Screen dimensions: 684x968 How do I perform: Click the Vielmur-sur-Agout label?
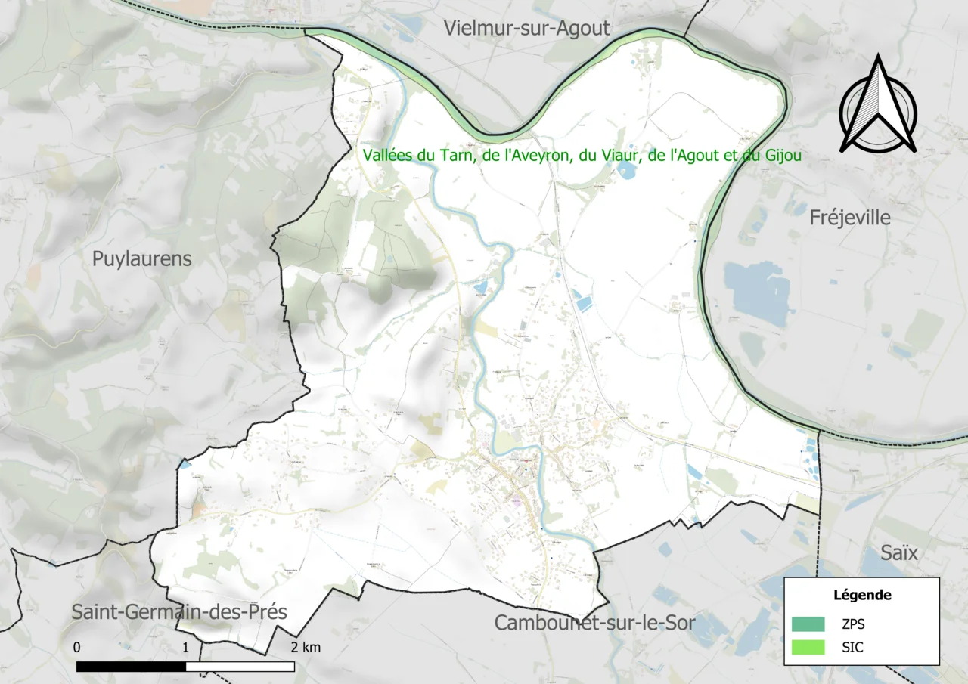coord(526,29)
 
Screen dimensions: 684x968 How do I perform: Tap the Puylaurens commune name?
coord(142,258)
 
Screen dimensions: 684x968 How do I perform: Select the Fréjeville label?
coord(850,218)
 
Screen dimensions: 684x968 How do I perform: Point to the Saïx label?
coord(899,552)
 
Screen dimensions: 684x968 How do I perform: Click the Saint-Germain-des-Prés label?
coord(179,611)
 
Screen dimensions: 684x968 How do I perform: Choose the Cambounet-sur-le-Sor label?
coord(594,623)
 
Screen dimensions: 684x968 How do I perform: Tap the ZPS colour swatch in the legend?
coord(808,624)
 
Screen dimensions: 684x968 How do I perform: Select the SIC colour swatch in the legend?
coord(808,648)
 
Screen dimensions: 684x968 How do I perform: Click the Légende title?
coord(862,595)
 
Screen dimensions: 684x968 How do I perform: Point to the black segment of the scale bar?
coord(131,667)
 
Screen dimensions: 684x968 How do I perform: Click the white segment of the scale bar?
coord(240,667)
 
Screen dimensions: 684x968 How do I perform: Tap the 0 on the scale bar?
coord(77,648)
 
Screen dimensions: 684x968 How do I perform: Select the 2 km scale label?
coord(306,648)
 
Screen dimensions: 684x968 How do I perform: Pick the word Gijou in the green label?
coord(783,155)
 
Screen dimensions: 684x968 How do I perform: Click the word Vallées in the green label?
coord(388,155)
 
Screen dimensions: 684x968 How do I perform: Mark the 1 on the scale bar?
coord(186,648)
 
